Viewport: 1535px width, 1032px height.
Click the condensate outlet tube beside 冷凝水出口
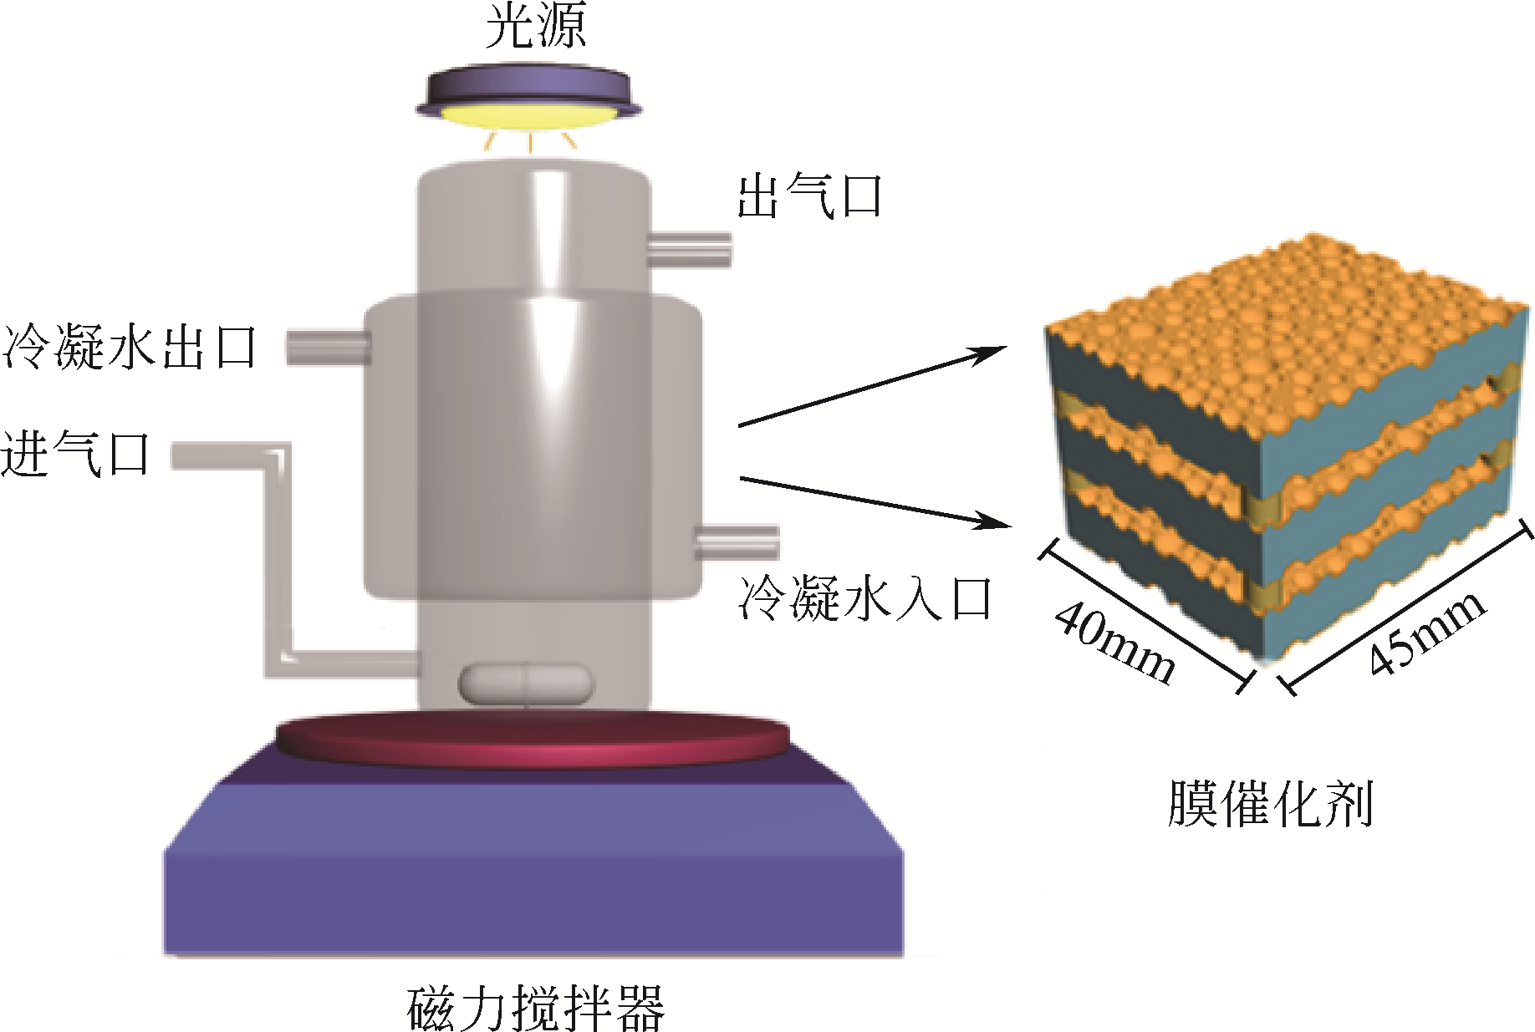[x=328, y=347]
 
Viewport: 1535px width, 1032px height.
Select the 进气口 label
[x=75, y=455]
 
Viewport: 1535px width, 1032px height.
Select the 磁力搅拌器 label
[x=535, y=1007]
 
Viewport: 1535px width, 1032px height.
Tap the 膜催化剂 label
[x=1270, y=804]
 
